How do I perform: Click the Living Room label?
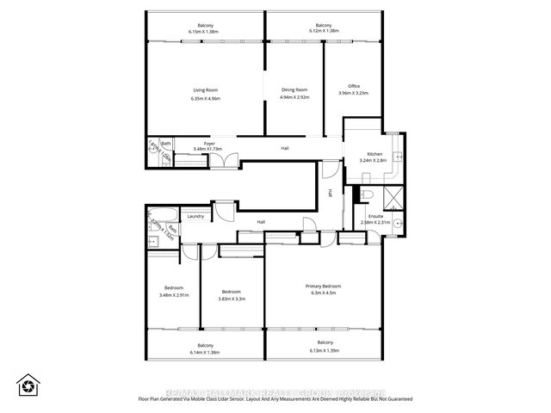click(x=204, y=89)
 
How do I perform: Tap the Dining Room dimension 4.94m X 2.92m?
click(x=294, y=97)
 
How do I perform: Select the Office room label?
click(x=354, y=86)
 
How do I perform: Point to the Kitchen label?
click(x=376, y=152)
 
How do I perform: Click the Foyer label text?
click(x=208, y=143)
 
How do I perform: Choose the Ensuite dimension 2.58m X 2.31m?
click(x=375, y=222)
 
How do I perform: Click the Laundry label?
click(x=195, y=216)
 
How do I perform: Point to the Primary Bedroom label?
click(x=323, y=286)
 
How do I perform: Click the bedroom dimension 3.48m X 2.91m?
click(x=175, y=295)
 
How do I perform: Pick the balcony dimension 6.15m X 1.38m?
click(x=204, y=32)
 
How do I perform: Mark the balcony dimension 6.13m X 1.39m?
click(x=323, y=351)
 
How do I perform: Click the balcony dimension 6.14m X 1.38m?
click(x=204, y=351)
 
